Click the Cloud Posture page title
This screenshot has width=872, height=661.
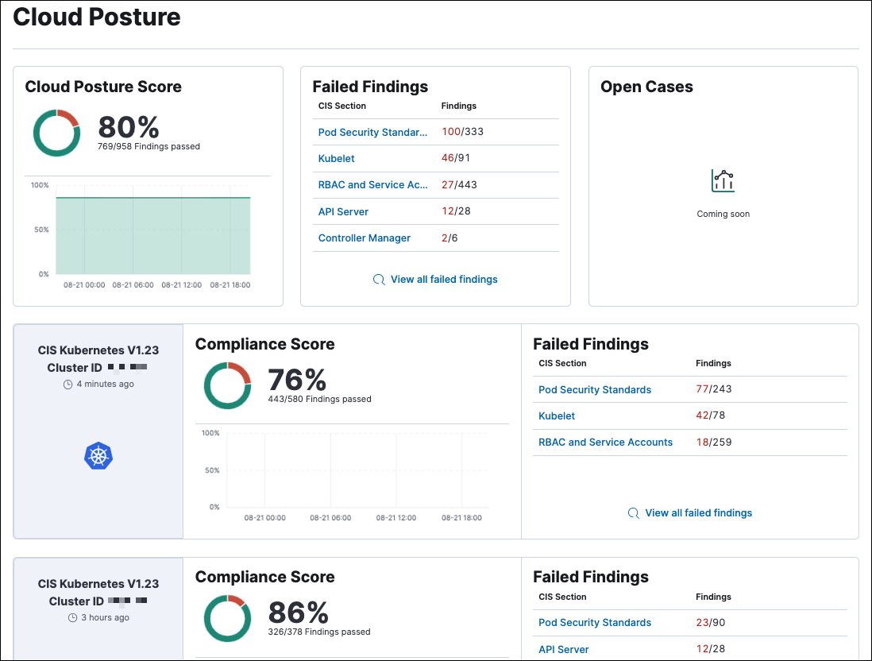(97, 17)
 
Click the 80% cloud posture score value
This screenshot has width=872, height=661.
(129, 127)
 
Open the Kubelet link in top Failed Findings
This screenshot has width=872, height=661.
(336, 158)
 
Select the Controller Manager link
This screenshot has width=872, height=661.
(364, 238)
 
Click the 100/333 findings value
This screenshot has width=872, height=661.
(462, 132)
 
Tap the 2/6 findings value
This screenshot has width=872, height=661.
(450, 238)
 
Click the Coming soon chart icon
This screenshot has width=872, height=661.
(723, 181)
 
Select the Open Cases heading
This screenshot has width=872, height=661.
(646, 87)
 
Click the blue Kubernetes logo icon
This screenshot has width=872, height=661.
(98, 455)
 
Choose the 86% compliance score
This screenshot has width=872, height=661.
(298, 613)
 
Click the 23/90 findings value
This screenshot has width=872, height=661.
(710, 623)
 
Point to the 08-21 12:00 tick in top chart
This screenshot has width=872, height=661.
(181, 284)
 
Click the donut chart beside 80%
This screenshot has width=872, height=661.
(56, 133)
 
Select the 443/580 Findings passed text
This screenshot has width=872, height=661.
(319, 399)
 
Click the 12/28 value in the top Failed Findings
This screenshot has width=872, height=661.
(456, 211)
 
